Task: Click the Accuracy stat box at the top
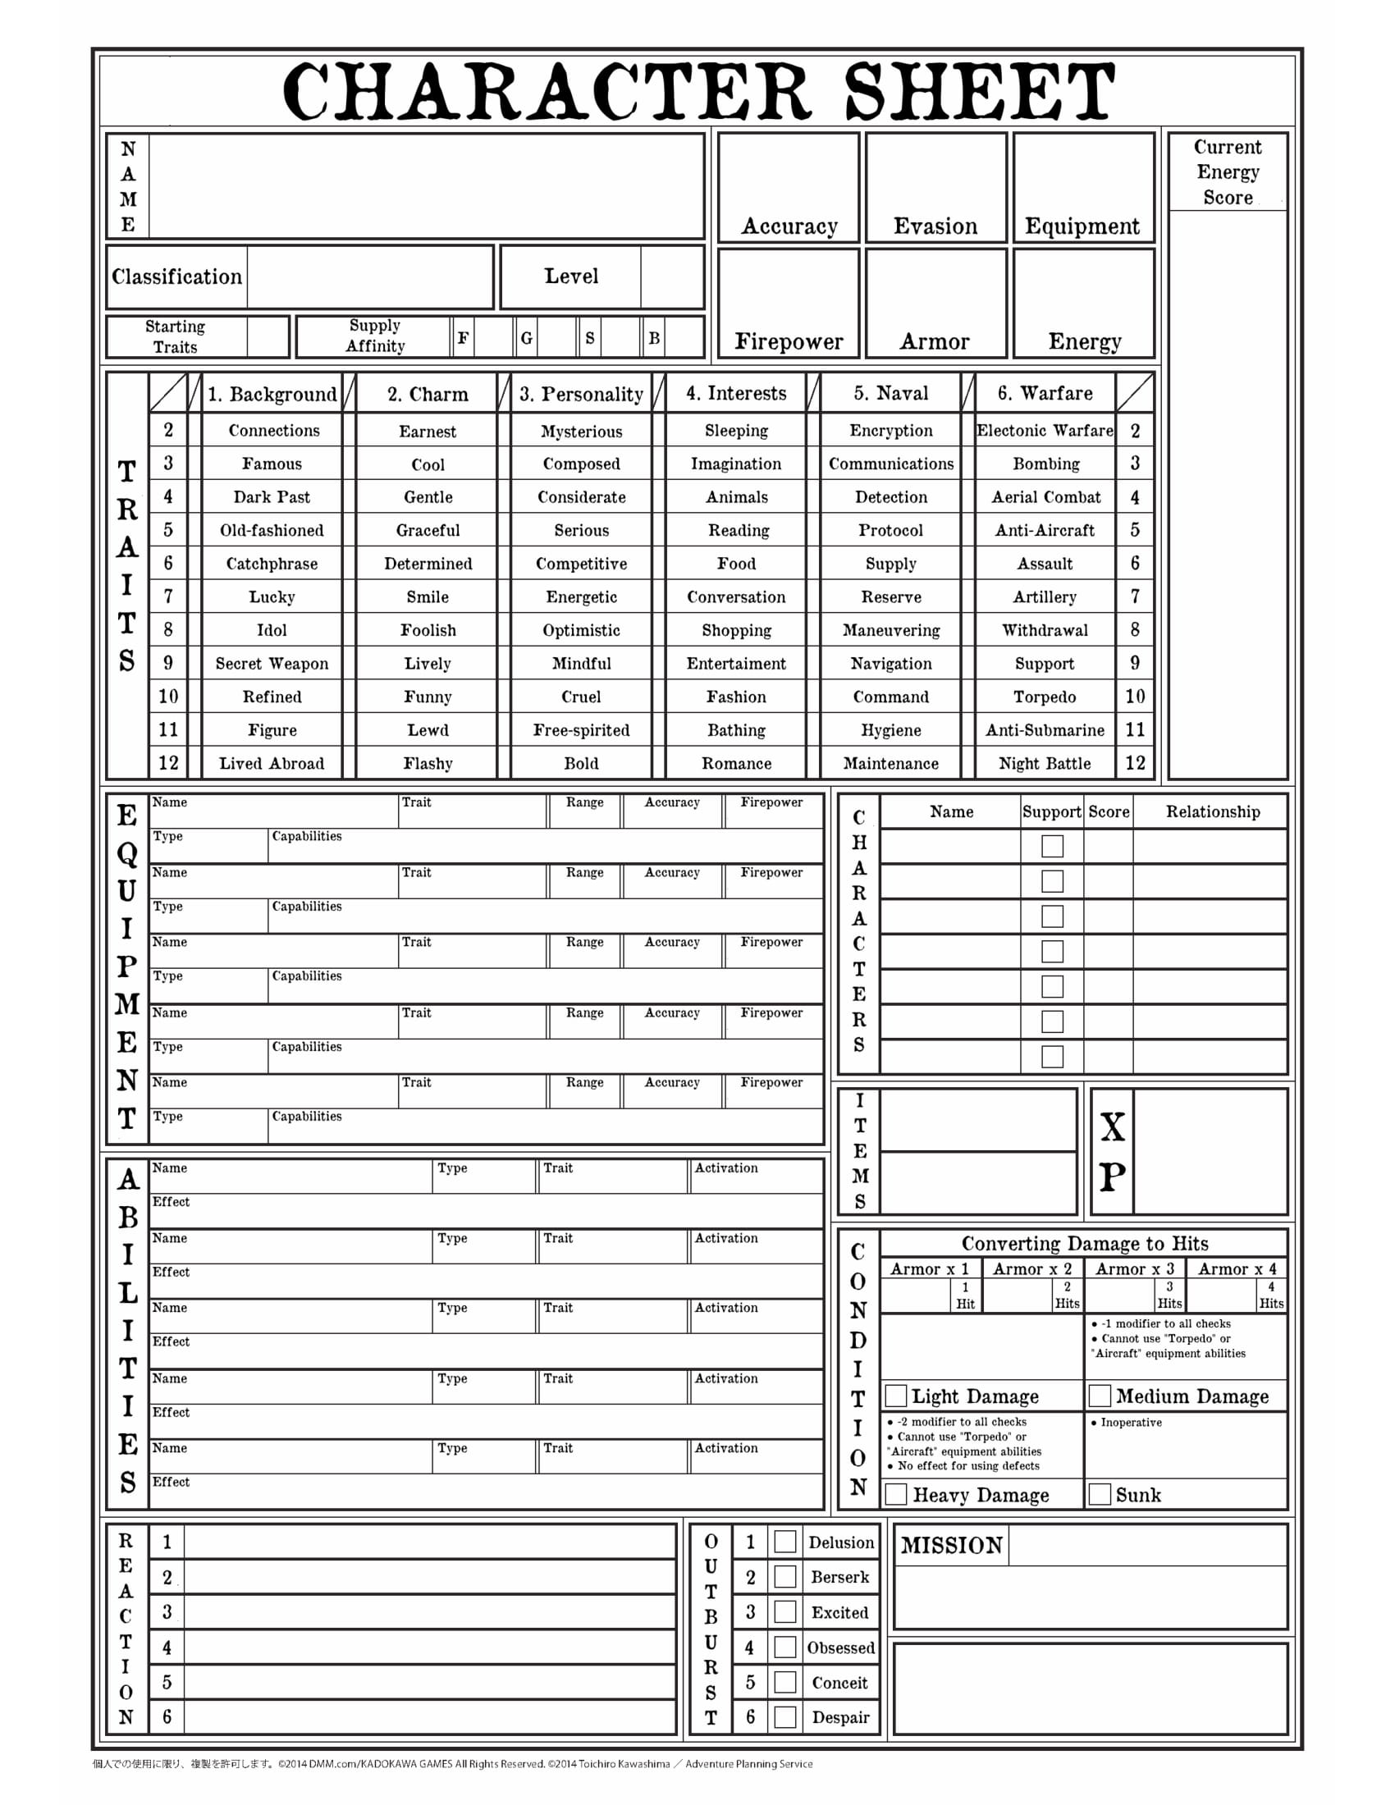(789, 187)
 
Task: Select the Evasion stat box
(935, 187)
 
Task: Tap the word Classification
(177, 276)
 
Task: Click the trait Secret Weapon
(272, 664)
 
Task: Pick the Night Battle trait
(1045, 764)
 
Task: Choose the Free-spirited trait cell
(581, 730)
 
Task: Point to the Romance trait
(736, 764)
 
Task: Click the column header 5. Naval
(891, 393)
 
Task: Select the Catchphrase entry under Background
(272, 564)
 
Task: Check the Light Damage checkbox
(896, 1396)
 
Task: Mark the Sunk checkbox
(1099, 1494)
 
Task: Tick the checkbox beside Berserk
(785, 1577)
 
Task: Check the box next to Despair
(785, 1717)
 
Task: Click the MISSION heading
(951, 1546)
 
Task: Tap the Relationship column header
(1212, 811)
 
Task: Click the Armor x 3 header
(1135, 1268)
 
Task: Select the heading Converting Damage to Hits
(1084, 1244)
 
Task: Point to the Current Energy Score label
(1228, 172)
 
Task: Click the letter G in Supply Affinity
(527, 338)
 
